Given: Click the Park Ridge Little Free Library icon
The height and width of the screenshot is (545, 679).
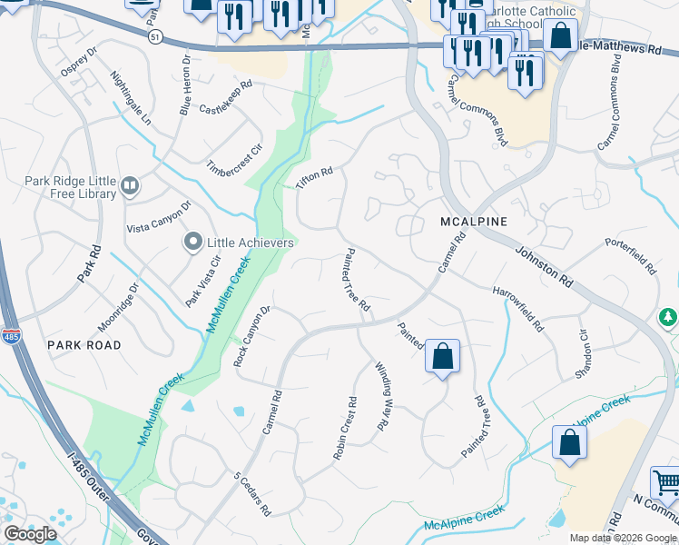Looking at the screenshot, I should tap(129, 187).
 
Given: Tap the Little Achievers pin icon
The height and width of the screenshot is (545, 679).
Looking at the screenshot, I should tap(192, 243).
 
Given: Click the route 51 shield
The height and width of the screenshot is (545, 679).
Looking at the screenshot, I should tap(155, 35).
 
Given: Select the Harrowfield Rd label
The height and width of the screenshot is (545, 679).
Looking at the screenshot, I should tap(517, 309).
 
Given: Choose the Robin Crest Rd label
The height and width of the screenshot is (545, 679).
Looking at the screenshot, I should tap(343, 428).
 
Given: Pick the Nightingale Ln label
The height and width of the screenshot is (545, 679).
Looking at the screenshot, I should tap(132, 98).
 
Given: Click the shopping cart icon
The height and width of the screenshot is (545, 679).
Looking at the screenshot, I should tap(665, 482).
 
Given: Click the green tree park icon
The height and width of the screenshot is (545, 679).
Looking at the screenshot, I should tap(669, 317).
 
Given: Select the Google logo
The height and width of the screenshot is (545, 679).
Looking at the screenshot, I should tap(29, 534).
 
